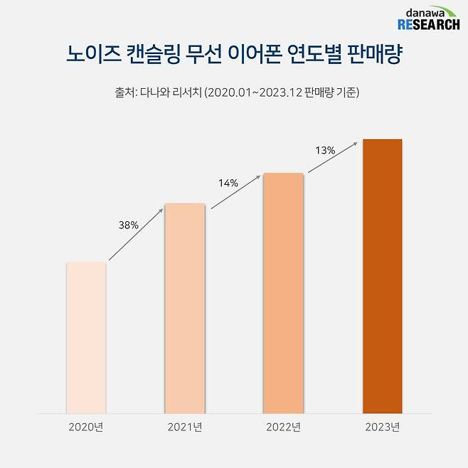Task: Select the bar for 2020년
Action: coord(86,337)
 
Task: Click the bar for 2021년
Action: coord(185,308)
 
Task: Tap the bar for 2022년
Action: coord(283,292)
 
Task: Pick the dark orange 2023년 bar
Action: coord(382,276)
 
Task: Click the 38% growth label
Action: coord(128,225)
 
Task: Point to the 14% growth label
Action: coord(228,184)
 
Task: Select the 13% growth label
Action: coord(324,151)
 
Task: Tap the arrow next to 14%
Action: coord(235,191)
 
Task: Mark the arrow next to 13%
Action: coord(333,158)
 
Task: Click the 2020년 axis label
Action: coord(86,427)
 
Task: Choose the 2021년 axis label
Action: coord(185,427)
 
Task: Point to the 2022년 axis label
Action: coord(283,427)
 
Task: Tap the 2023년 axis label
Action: coord(382,427)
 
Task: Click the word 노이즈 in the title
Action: coord(92,55)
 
